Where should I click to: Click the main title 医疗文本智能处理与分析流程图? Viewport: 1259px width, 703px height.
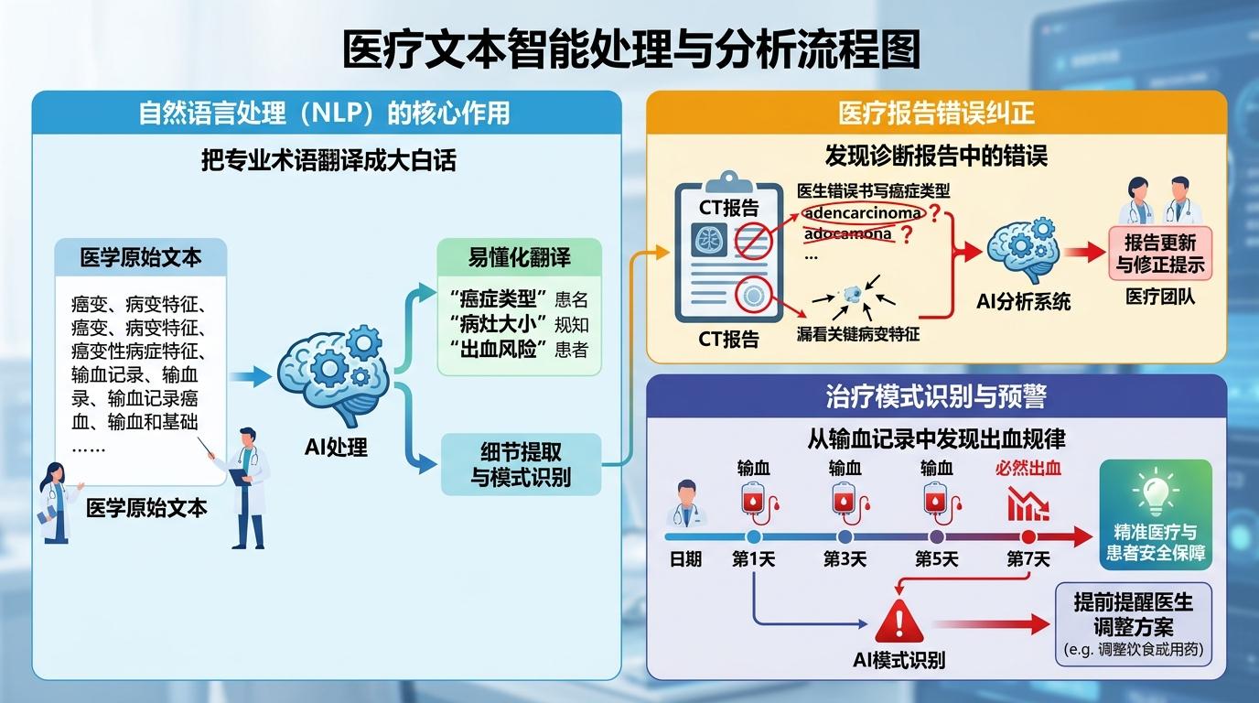630,51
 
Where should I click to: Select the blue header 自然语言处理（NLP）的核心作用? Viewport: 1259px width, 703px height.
325,113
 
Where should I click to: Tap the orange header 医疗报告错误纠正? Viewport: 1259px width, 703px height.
936,113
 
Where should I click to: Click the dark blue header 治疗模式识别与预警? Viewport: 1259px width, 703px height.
936,396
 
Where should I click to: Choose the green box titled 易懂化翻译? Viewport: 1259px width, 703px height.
519,306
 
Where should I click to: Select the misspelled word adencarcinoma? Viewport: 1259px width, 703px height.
862,213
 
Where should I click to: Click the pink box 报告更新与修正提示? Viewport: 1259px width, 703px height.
1160,254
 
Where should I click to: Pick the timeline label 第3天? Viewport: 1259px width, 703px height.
845,558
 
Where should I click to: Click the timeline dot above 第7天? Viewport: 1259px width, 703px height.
1028,537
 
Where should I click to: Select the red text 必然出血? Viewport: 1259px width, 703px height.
1028,469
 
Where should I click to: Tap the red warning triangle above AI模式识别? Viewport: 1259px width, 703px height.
899,622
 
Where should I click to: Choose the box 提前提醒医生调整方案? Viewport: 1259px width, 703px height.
1133,622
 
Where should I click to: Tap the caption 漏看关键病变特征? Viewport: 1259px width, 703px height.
857,335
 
